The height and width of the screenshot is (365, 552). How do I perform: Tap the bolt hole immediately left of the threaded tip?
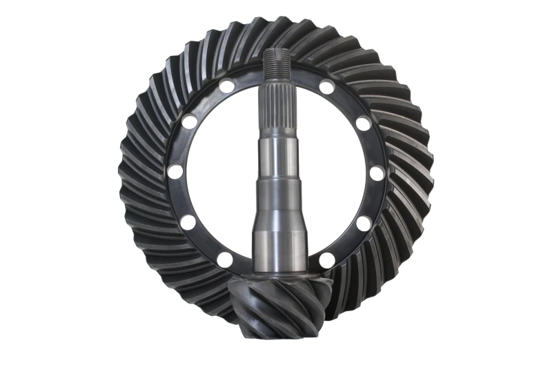(x=225, y=86)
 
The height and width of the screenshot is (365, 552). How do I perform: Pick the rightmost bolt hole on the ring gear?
(x=378, y=172)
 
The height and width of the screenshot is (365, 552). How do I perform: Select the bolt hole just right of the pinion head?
(x=327, y=259)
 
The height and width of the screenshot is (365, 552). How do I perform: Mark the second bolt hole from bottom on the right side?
(x=364, y=222)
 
